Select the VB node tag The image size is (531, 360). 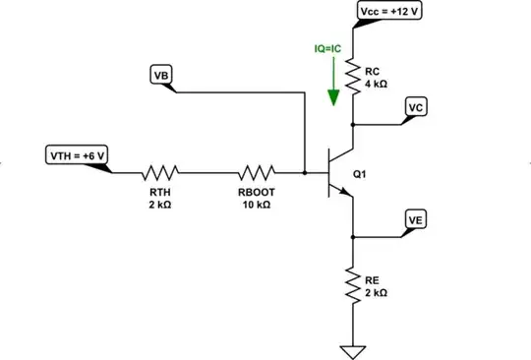[x=159, y=75]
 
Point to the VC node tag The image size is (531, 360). [x=416, y=106]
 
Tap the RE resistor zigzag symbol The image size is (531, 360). [x=353, y=286]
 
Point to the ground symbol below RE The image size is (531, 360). [x=353, y=349]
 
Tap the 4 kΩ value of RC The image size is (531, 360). [x=376, y=85]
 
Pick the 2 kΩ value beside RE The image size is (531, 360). [x=376, y=292]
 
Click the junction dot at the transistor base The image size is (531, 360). [x=305, y=172]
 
